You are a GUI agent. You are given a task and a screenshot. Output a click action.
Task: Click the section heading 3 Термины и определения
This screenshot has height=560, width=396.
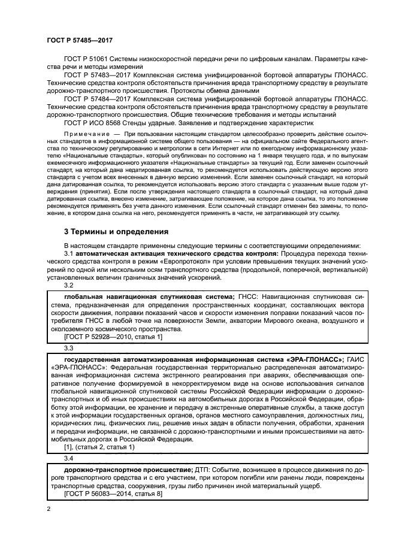click(x=116, y=231)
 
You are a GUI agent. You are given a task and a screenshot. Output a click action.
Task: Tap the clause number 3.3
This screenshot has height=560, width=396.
click(x=69, y=348)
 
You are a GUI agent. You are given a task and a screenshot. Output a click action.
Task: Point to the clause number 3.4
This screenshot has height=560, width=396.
click(x=69, y=458)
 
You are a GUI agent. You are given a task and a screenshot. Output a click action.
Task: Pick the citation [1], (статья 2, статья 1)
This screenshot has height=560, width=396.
click(x=99, y=447)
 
